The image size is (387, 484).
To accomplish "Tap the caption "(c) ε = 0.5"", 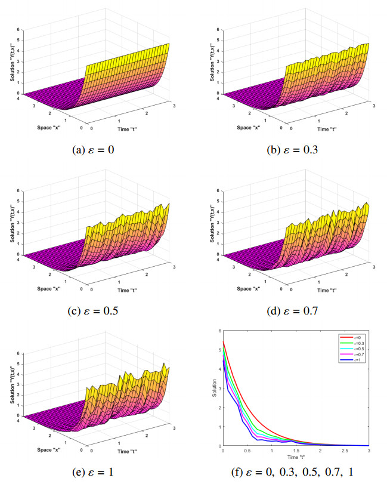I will click(98, 310).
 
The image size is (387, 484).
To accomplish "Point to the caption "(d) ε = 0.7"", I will click(292, 310).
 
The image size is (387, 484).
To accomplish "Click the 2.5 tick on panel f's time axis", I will click(344, 451).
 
